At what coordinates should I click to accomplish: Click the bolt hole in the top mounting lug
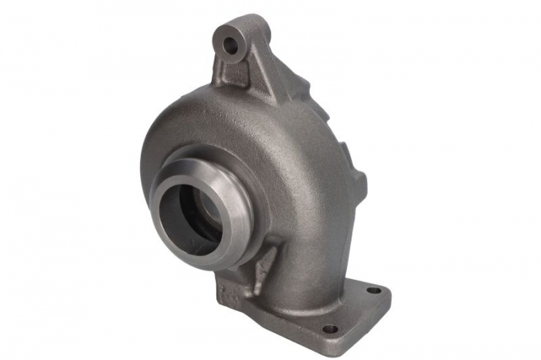click(x=230, y=45)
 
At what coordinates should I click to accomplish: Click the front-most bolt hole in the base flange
click(x=329, y=328)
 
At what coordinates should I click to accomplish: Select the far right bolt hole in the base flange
click(x=373, y=290)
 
